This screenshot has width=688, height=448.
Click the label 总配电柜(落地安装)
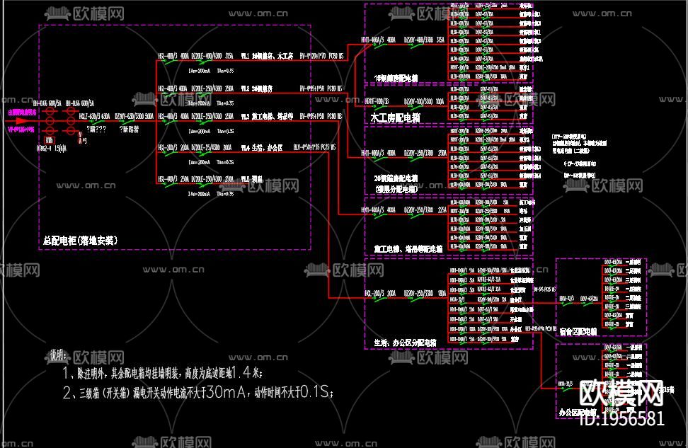click(x=79, y=241)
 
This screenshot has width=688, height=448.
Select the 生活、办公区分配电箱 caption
click(x=405, y=342)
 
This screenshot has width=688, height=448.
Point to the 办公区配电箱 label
click(x=574, y=411)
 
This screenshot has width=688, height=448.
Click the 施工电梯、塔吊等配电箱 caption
click(x=408, y=249)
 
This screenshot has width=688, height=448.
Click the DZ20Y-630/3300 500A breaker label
click(x=134, y=115)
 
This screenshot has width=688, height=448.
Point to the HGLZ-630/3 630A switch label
click(x=94, y=115)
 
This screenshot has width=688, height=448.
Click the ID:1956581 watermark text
click(x=621, y=418)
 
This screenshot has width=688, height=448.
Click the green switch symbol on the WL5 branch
click(x=169, y=182)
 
